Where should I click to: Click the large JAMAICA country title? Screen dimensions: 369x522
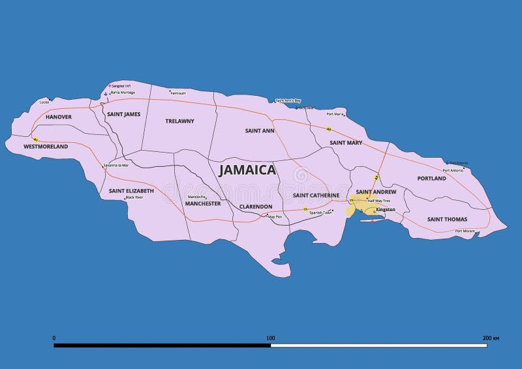(247, 170)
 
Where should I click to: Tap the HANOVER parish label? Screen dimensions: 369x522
(58, 117)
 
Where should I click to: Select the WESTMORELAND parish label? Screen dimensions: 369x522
(46, 147)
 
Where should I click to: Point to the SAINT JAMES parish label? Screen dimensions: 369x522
(123, 114)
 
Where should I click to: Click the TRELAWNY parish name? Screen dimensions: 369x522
(180, 121)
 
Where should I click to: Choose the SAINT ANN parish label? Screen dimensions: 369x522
(260, 130)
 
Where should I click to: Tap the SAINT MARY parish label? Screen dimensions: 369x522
(346, 142)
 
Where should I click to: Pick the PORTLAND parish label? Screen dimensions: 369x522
(431, 178)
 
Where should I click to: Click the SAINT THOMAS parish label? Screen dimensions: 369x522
(447, 219)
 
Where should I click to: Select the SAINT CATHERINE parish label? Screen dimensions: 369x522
(316, 195)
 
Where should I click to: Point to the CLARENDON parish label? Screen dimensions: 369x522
(256, 206)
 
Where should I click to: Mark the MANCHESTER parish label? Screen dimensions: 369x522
(203, 203)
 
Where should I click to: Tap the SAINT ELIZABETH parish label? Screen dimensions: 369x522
(131, 190)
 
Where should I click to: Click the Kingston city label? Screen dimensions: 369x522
(386, 209)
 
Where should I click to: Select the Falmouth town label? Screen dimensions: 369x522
(178, 93)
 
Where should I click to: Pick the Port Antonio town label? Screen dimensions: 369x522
(453, 170)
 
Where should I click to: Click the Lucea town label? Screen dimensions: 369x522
(44, 102)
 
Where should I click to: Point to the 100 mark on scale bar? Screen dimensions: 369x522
(270, 338)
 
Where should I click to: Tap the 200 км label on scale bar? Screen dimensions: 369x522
(490, 338)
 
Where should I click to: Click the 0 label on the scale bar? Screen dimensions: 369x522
(54, 338)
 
